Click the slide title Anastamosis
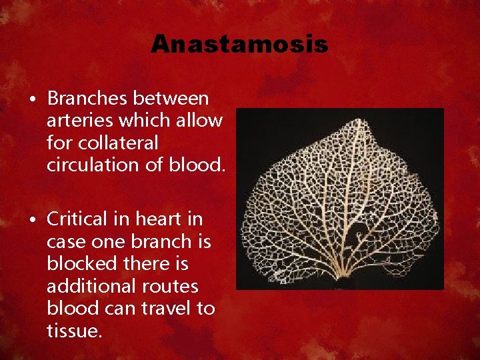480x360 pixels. click(x=239, y=44)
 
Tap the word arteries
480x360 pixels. click(x=77, y=121)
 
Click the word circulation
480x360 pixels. click(x=89, y=165)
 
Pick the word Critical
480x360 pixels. click(x=75, y=219)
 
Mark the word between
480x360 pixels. click(x=171, y=99)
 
